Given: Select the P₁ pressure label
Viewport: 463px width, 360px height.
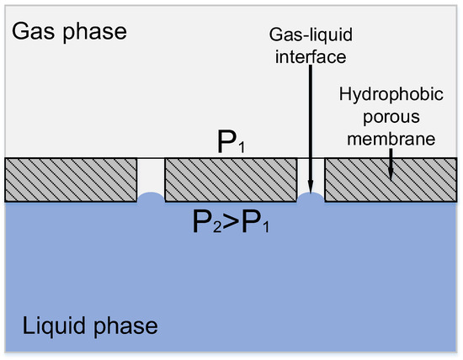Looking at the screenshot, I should [230, 145].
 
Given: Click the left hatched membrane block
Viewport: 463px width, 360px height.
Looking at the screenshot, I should [71, 179].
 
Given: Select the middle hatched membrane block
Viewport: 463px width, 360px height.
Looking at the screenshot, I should [231, 179].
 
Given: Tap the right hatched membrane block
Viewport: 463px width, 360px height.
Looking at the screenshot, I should [389, 179].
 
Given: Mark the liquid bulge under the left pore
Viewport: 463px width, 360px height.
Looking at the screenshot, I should [151, 198].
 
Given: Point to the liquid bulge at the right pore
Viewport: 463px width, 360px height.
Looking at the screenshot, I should [311, 198].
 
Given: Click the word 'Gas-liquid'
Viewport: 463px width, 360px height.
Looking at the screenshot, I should [311, 36].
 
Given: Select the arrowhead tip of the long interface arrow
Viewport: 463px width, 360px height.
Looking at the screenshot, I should [311, 191].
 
